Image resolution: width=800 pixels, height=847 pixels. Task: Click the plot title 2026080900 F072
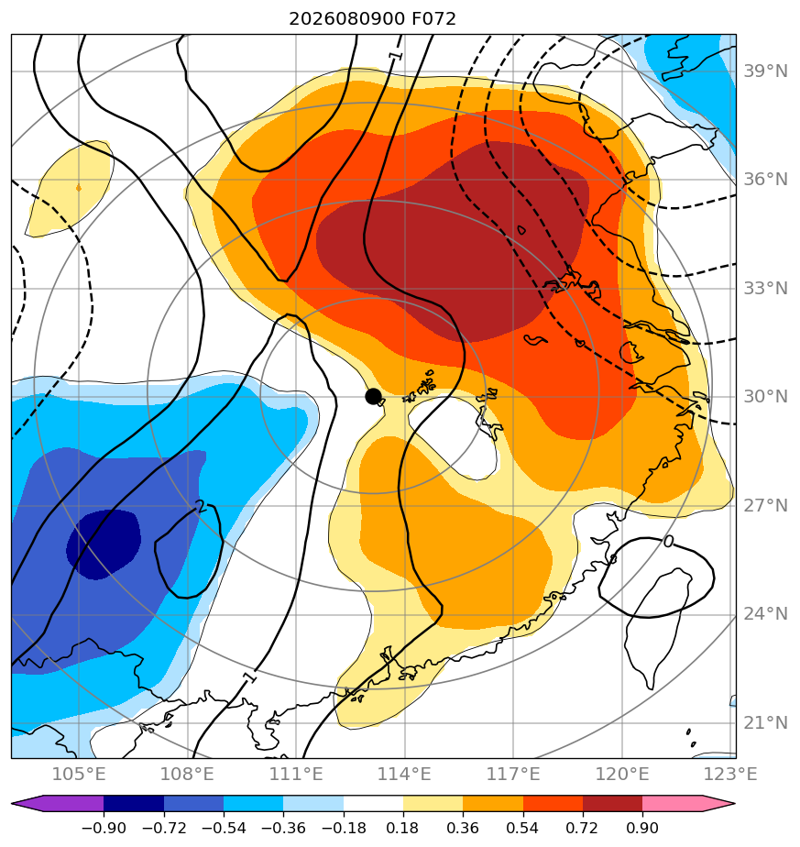tap(372, 19)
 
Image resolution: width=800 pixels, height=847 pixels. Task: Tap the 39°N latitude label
tap(765, 71)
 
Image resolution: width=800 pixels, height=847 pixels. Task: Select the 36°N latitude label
tap(765, 180)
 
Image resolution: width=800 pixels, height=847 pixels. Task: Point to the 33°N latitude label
tap(765, 289)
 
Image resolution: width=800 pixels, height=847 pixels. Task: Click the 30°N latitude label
tap(765, 397)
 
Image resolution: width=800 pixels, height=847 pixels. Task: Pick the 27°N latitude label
tap(765, 506)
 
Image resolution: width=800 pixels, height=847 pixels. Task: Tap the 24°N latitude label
tap(765, 614)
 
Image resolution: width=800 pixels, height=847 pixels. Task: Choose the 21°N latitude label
tap(765, 722)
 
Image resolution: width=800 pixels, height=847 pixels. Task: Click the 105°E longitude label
tap(79, 774)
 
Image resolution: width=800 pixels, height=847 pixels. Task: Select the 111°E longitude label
tap(296, 774)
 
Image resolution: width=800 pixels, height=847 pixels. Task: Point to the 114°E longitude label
tap(405, 774)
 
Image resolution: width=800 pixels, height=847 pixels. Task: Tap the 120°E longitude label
tap(622, 774)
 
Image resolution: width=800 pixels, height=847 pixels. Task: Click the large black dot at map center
tap(373, 397)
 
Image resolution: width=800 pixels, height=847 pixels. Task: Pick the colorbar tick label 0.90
tap(642, 828)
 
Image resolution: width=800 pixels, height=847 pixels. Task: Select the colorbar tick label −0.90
tap(104, 828)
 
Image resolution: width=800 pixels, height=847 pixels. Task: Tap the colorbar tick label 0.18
tap(403, 828)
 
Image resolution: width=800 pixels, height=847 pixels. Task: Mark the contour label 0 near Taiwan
tap(669, 541)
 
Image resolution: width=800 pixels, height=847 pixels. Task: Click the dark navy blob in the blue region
tap(104, 544)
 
